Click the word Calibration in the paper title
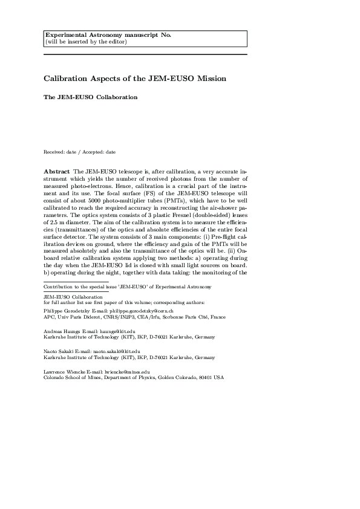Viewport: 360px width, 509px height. [68, 79]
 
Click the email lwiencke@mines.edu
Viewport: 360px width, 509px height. [125, 371]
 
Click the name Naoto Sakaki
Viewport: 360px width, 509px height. [59, 351]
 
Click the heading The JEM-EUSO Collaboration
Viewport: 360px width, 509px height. [91, 97]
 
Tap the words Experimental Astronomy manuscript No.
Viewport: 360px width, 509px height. [108, 35]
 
